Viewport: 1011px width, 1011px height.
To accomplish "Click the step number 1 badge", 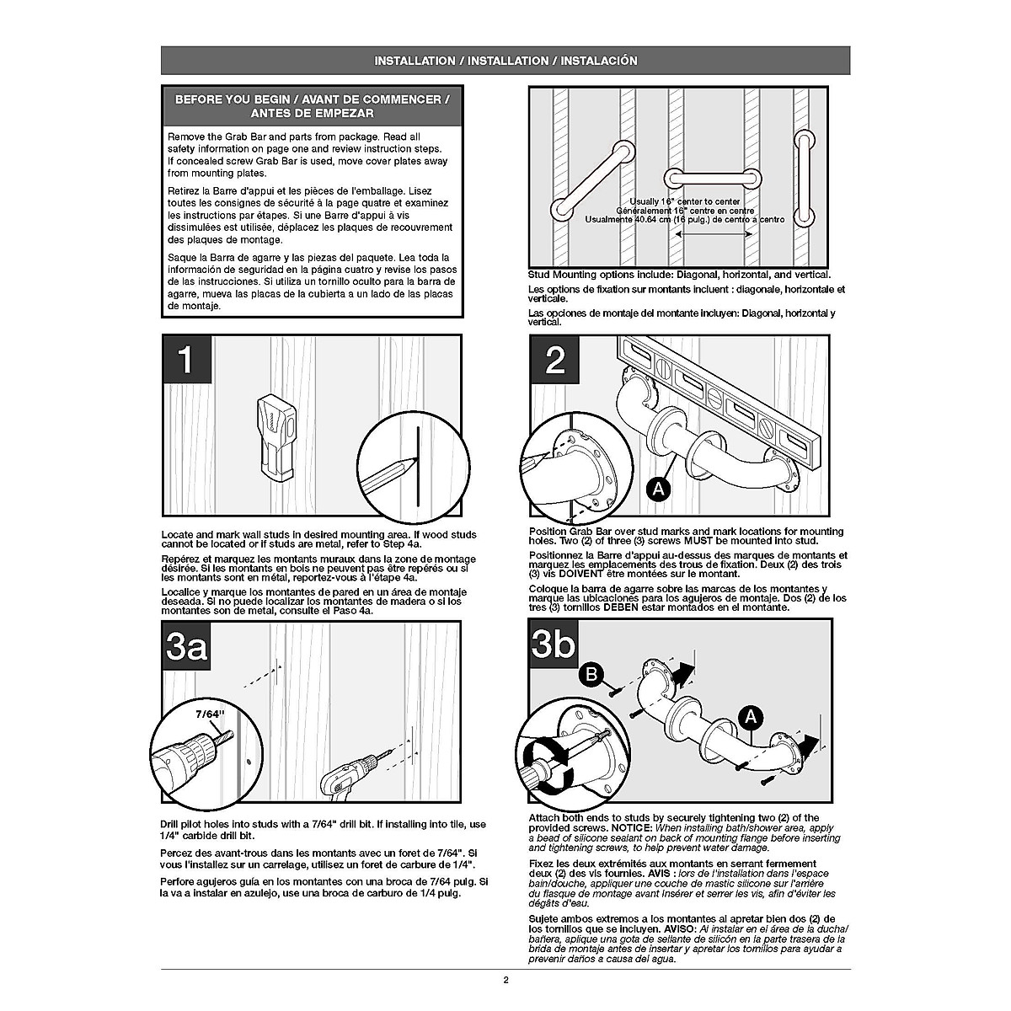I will coord(186,361).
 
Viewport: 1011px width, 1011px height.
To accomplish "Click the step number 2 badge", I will coord(555,361).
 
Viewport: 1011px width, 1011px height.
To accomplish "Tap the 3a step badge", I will coord(186,647).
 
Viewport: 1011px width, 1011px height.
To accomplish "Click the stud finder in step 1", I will coord(275,439).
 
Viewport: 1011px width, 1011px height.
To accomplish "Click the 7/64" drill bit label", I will coord(211,714).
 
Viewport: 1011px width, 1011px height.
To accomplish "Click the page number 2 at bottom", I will coord(505,979).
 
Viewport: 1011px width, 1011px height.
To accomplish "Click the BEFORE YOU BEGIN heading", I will coord(312,105).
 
